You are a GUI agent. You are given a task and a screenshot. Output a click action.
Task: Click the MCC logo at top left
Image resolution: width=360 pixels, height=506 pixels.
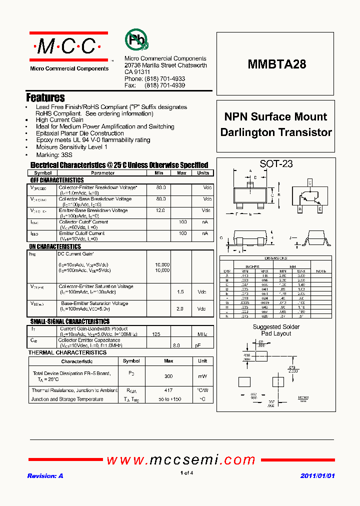[x=68, y=47]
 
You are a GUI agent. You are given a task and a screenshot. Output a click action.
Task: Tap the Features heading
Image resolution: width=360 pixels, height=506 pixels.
[x=45, y=97]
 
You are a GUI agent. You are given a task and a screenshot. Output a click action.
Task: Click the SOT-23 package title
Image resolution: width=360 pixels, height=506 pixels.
[x=276, y=163]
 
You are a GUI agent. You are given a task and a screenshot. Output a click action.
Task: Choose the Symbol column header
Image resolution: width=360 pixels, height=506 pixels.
[x=42, y=173]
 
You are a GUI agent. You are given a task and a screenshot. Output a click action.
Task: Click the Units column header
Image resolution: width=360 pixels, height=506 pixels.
[x=203, y=173]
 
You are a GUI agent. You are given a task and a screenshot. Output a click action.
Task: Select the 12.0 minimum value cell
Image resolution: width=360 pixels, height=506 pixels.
[x=160, y=210]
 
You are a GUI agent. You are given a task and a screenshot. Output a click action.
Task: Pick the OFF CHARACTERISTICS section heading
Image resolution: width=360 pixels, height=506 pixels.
[x=57, y=180]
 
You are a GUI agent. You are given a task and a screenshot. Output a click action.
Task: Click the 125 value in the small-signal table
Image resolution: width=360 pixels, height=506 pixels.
[x=156, y=333]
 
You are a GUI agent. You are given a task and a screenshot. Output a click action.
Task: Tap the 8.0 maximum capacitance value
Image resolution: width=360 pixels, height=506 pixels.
[x=176, y=345]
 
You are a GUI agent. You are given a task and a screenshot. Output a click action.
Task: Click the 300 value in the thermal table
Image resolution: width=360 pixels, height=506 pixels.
[x=168, y=376]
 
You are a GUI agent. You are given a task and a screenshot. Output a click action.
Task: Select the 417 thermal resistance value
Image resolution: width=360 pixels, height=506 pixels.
[x=168, y=390]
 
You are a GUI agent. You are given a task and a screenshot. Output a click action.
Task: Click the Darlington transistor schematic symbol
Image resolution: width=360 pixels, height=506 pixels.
[x=309, y=196]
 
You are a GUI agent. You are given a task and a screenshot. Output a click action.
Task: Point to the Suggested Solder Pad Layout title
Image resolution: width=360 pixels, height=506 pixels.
[x=276, y=330]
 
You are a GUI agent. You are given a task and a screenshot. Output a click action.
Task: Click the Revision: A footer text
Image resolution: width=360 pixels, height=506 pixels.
[x=45, y=476]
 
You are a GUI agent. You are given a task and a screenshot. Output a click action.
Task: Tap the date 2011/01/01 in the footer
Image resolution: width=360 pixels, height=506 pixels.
[x=317, y=476]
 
